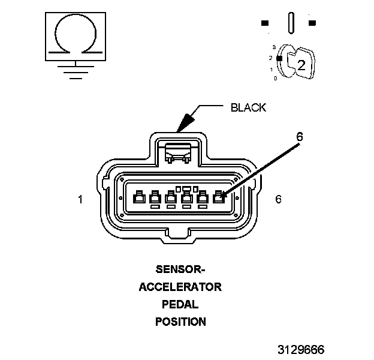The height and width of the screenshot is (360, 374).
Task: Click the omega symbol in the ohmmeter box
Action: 74,36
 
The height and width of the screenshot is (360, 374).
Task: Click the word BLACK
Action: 248,107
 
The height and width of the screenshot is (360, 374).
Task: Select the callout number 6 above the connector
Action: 299,136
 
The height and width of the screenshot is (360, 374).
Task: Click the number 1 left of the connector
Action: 80,199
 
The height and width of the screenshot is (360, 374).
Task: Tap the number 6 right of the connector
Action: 278,199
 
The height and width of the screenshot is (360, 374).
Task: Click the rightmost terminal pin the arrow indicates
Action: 219,196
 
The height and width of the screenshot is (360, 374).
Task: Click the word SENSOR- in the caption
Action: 180,269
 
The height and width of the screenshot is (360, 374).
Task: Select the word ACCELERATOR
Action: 180,287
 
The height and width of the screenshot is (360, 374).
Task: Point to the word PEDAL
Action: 180,304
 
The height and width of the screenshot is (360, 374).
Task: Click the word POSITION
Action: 180,322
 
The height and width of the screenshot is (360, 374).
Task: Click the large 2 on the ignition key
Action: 301,66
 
